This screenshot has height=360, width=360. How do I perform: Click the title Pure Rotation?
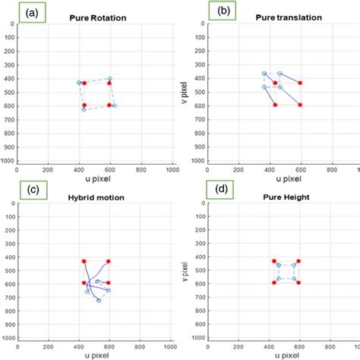[x=96, y=16]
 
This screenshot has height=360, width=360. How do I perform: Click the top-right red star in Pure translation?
[x=300, y=83]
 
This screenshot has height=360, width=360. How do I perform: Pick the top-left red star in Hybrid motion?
[x=84, y=261]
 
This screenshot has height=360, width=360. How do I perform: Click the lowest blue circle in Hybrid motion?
[x=99, y=300]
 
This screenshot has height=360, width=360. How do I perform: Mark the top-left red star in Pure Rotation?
[x=84, y=82]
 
